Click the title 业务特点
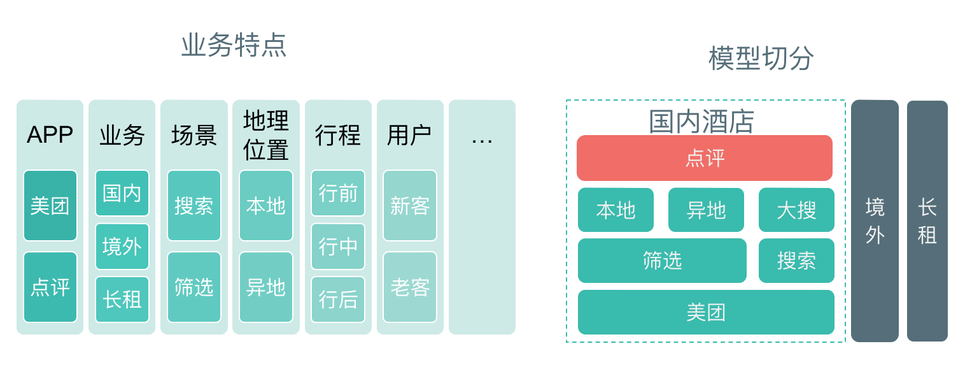click(234, 45)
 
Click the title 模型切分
click(761, 59)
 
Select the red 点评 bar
click(705, 158)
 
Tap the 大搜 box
click(796, 210)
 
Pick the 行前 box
click(338, 193)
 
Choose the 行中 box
click(338, 246)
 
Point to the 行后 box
click(338, 299)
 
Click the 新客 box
click(410, 205)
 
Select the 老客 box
click(410, 287)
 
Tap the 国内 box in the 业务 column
click(122, 193)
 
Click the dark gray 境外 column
click(875, 220)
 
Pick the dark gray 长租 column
click(927, 220)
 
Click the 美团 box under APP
click(50, 205)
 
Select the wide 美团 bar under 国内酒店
click(706, 312)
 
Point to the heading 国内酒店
click(701, 122)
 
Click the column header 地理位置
click(266, 135)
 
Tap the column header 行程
click(338, 135)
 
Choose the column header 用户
click(410, 135)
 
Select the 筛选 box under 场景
click(194, 287)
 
